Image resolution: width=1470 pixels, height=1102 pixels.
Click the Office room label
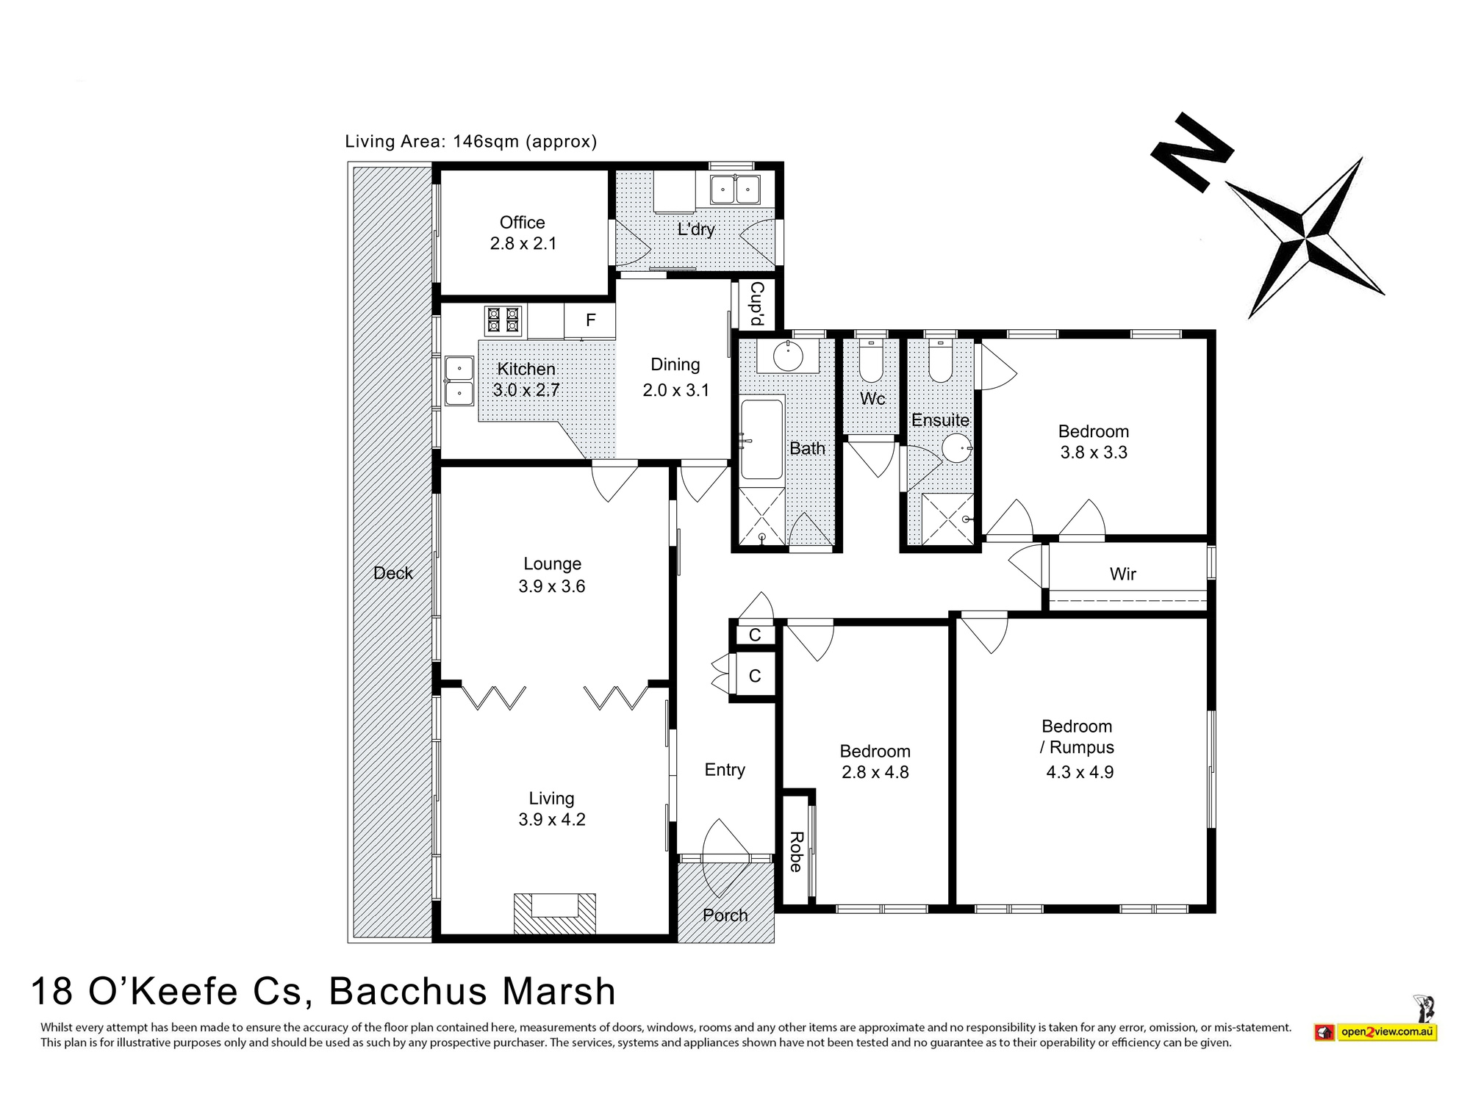point(522,223)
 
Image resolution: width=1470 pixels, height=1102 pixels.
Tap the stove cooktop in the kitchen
point(503,322)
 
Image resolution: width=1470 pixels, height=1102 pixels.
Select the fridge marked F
point(589,321)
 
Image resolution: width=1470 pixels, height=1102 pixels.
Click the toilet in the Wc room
point(871,361)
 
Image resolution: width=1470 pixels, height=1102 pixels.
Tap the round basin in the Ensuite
point(956,447)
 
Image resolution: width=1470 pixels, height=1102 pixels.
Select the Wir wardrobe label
point(1122,575)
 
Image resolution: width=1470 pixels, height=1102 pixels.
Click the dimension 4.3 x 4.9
point(1080,772)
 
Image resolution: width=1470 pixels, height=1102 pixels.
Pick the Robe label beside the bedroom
point(795,852)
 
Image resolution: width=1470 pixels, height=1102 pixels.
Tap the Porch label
point(725,915)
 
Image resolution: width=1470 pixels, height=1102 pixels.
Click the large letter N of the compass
point(1191,151)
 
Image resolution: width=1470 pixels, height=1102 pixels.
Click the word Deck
point(392,573)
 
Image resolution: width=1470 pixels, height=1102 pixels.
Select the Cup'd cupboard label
point(756,304)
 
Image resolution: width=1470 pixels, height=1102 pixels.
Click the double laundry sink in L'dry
point(734,190)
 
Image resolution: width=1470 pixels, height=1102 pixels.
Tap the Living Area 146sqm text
point(470,141)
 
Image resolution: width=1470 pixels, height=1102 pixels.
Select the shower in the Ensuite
point(947,519)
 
